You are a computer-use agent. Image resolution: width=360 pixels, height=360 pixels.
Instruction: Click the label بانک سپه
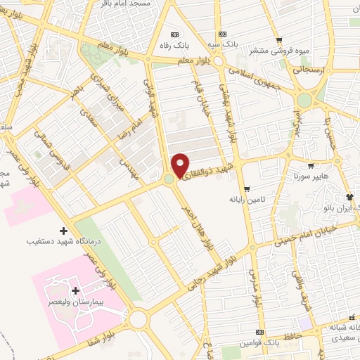(x=223, y=44)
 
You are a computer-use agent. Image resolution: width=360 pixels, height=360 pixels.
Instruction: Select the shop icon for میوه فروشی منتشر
(x=280, y=39)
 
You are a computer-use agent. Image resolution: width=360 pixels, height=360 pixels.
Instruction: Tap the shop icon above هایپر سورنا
(x=311, y=165)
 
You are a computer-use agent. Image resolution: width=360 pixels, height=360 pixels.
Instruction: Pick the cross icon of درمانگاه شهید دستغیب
(x=64, y=230)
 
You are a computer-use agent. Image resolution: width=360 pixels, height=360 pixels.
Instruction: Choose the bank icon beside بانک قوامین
(x=259, y=332)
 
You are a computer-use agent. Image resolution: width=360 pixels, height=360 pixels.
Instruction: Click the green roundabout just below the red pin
(x=169, y=181)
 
